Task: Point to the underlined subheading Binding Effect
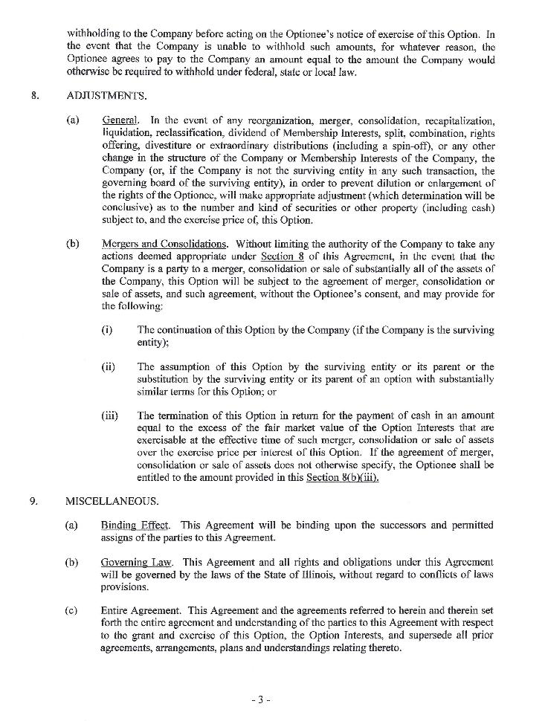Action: [x=134, y=526]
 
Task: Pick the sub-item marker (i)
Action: [x=107, y=330]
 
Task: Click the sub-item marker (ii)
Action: [x=109, y=366]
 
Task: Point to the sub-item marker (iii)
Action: [x=110, y=416]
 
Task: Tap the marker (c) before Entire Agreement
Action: [x=71, y=611]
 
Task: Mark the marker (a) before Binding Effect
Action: [x=71, y=526]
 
